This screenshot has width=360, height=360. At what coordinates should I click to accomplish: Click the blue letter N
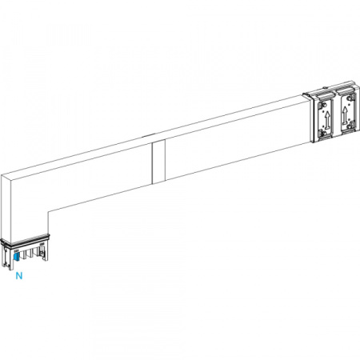pyautogui.click(x=18, y=276)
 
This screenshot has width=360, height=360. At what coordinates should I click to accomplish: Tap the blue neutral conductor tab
pyautogui.click(x=15, y=257)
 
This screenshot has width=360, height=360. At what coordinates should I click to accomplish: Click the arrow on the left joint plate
pyautogui.click(x=327, y=119)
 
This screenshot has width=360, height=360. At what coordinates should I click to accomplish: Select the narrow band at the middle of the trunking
pyautogui.click(x=158, y=162)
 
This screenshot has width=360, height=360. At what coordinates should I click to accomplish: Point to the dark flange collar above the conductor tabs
pyautogui.click(x=25, y=239)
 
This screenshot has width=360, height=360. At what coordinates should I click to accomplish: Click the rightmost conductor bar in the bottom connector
pyautogui.click(x=34, y=254)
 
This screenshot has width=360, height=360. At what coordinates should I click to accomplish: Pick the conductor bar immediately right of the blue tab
pyautogui.click(x=23, y=255)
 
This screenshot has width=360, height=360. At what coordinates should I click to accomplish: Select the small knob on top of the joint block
pyautogui.click(x=325, y=87)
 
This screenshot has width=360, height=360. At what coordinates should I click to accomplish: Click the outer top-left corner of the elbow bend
pyautogui.click(x=1, y=175)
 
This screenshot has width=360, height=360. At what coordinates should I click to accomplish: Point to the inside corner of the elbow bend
pyautogui.click(x=48, y=211)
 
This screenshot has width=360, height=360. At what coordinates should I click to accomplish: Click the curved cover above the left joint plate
pyautogui.click(x=324, y=94)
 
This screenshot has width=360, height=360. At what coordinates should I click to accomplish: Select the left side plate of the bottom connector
pyautogui.click(x=6, y=257)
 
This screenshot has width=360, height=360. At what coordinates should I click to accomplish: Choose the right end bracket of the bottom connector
pyautogui.click(x=43, y=252)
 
